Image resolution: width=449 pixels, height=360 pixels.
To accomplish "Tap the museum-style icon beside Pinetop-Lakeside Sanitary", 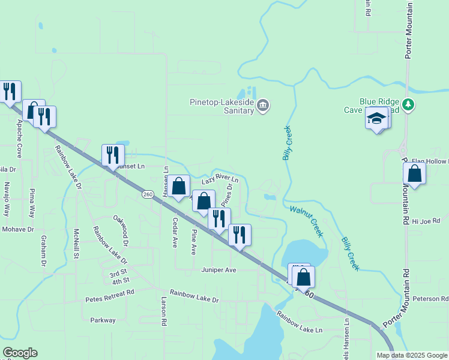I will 263,106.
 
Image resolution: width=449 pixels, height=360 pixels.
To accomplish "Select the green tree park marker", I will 409,105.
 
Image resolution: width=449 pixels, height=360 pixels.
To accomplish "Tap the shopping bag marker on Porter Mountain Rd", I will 414,174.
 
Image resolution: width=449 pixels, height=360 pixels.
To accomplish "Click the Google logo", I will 20,353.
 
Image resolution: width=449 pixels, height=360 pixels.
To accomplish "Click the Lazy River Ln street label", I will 220,179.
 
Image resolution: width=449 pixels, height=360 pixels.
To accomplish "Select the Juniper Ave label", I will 219,270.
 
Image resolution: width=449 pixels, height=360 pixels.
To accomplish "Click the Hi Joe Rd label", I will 426,221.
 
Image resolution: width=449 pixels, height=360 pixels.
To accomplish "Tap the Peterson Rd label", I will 430,298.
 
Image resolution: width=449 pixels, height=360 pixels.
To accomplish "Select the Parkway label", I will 103,320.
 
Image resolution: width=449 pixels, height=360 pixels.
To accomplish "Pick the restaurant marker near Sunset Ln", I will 113,155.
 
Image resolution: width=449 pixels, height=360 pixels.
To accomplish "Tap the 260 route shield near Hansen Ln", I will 148,194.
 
